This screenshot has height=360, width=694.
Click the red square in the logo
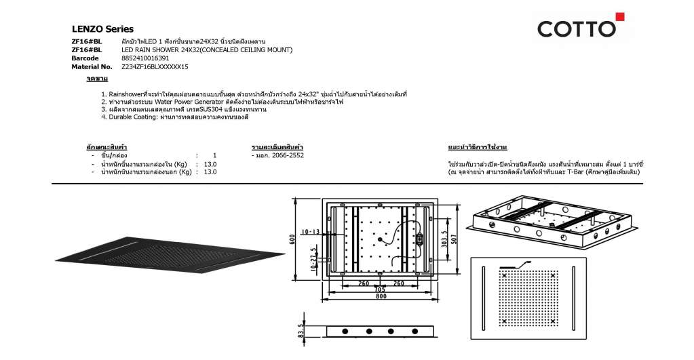point(620,17)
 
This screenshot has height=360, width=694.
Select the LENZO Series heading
point(102,29)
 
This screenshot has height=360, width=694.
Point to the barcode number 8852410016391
point(145,58)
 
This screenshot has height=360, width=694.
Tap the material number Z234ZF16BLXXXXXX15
point(155,67)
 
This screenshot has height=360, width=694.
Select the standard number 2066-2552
point(288,156)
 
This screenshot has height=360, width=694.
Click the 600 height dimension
point(292,239)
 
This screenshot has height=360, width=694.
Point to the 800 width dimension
point(381,296)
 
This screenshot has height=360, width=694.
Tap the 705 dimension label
point(380,290)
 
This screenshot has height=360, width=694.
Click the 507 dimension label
point(454,239)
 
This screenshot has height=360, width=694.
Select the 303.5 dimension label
point(444,239)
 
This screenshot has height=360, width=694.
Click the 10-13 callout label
point(310,232)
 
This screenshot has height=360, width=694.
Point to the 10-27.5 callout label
point(314,259)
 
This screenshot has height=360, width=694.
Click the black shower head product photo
point(170,255)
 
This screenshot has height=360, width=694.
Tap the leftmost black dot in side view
point(345,332)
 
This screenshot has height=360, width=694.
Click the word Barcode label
point(85,58)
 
